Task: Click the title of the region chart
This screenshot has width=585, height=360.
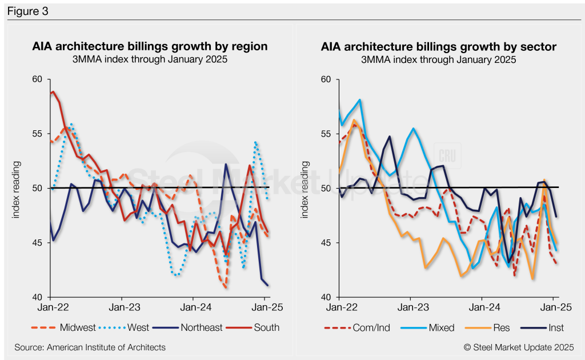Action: [x=150, y=47]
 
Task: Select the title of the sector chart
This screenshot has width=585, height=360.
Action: [x=438, y=47]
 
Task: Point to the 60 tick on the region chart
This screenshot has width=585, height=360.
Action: [x=38, y=79]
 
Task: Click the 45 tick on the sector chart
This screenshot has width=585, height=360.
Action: [x=327, y=243]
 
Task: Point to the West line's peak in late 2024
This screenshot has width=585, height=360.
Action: [x=256, y=142]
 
